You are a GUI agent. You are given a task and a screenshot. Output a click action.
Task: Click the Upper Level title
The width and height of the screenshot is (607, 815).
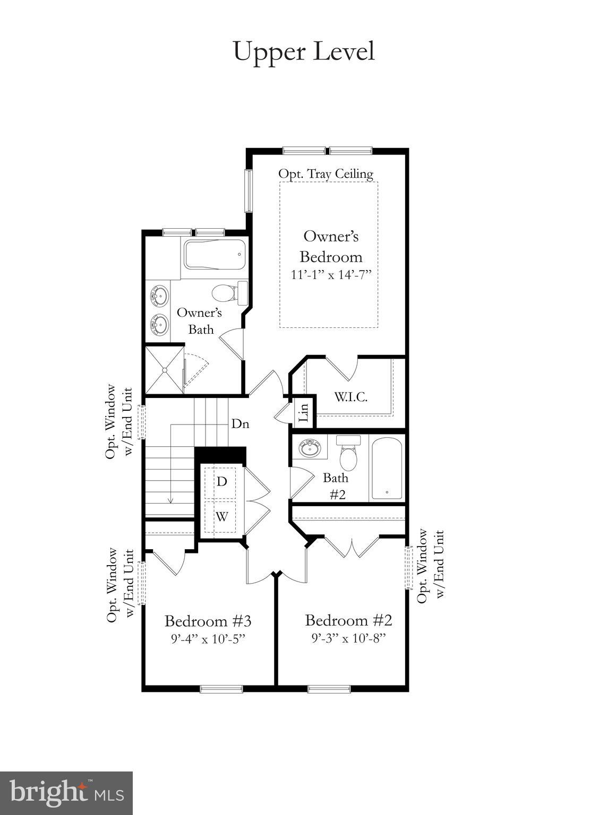pyautogui.click(x=304, y=52)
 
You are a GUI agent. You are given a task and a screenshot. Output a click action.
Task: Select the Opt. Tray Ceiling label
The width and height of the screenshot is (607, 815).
pyautogui.click(x=326, y=174)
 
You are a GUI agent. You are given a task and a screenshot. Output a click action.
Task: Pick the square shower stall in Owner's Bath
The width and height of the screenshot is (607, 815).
pyautogui.click(x=164, y=370)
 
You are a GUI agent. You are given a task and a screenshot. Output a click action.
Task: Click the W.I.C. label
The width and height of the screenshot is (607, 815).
pyautogui.click(x=350, y=396)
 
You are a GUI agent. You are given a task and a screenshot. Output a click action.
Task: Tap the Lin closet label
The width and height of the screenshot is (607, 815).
pyautogui.click(x=303, y=412)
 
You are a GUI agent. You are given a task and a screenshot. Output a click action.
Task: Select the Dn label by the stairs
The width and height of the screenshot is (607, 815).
pyautogui.click(x=240, y=424)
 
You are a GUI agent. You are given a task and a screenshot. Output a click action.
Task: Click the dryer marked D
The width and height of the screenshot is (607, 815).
pyautogui.click(x=222, y=482)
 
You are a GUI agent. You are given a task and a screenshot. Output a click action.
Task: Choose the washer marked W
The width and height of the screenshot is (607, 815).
pyautogui.click(x=222, y=516)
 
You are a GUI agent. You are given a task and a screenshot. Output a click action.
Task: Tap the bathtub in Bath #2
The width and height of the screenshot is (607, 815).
pyautogui.click(x=387, y=468)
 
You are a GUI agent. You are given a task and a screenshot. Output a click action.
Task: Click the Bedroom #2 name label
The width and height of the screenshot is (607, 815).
pyautogui.click(x=348, y=620)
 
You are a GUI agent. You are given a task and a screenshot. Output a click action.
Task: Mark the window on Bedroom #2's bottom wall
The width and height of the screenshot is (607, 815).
pyautogui.click(x=329, y=689)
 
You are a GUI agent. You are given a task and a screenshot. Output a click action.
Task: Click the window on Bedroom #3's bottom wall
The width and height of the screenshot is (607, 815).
pyautogui.click(x=221, y=689)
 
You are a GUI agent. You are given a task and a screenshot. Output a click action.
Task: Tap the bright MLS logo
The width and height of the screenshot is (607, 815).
pyautogui.click(x=66, y=793)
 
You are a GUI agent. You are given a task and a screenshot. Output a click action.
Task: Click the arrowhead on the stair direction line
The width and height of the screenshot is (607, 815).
pyautogui.click(x=170, y=500)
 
